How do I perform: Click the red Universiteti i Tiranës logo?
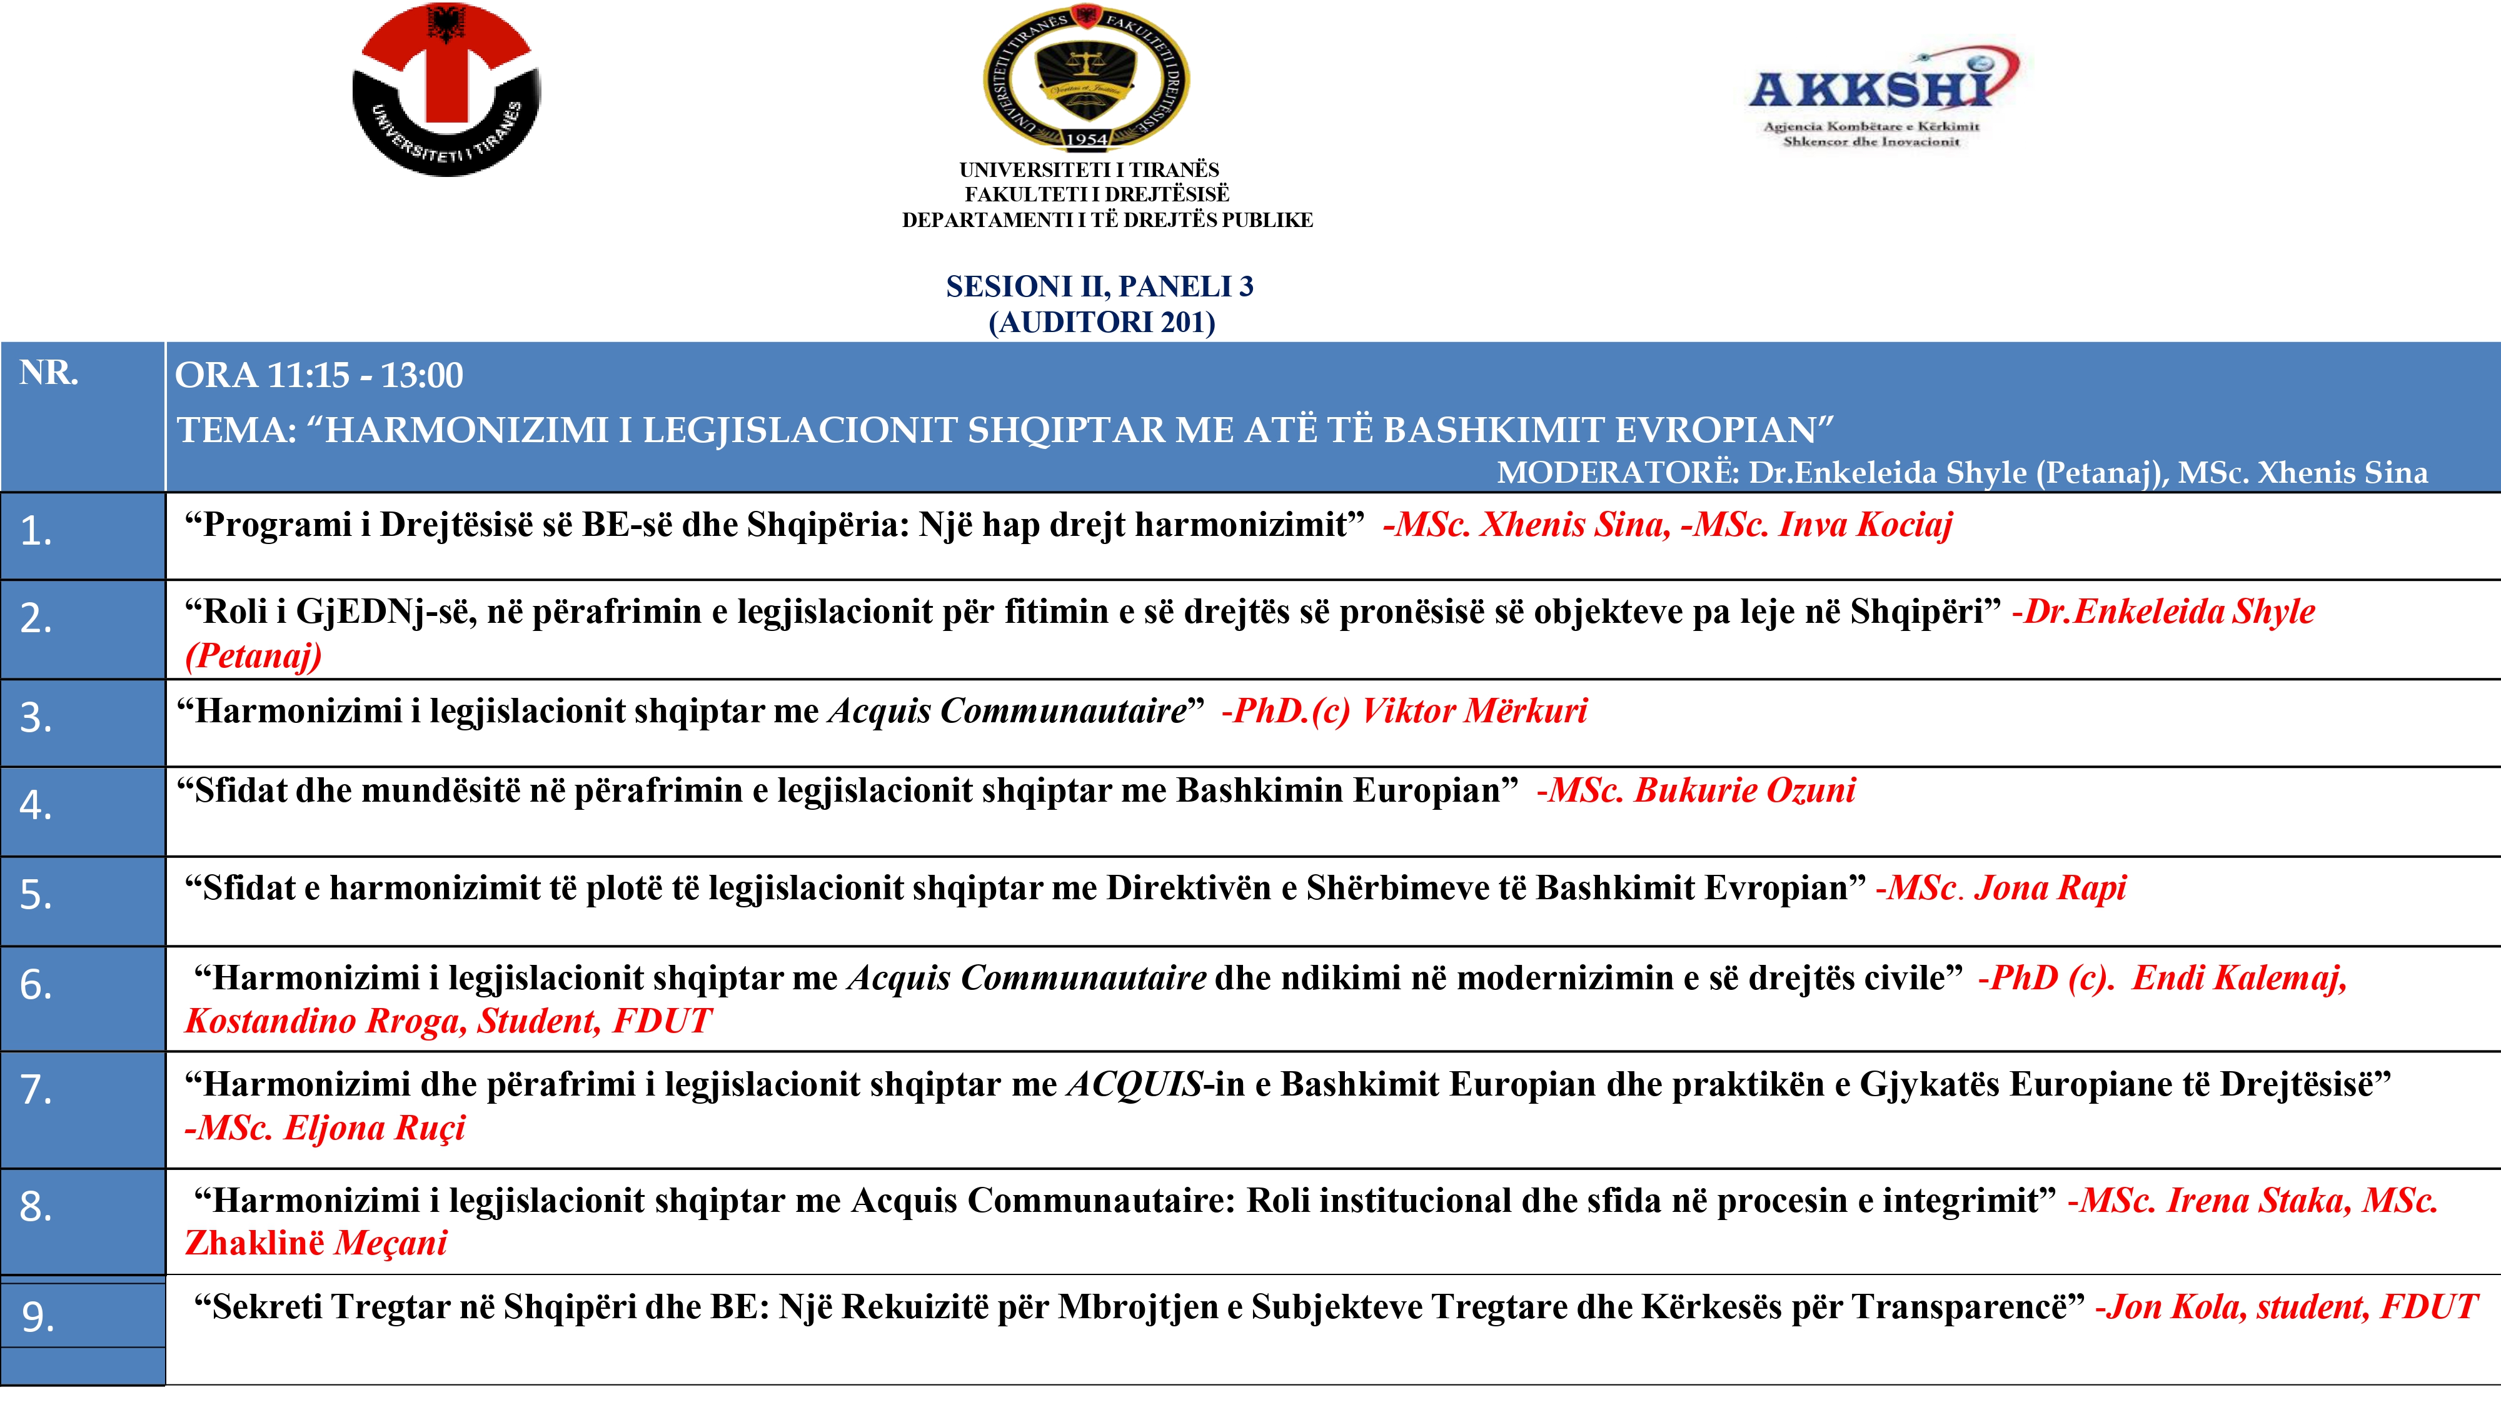coord(446,89)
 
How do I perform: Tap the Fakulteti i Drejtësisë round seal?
coord(1087,78)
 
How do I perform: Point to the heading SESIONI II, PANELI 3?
coord(1100,286)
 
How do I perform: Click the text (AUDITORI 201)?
coord(1102,323)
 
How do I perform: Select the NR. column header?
coord(49,373)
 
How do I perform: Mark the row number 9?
coord(38,1317)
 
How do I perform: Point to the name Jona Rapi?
coord(2051,887)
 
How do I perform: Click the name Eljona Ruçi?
coord(375,1128)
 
